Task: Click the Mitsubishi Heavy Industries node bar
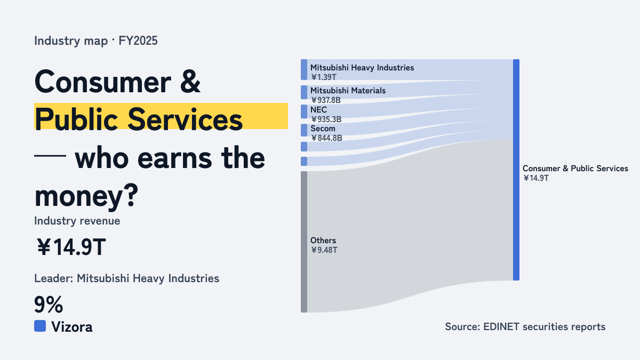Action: click(x=304, y=70)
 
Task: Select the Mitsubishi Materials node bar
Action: click(x=304, y=92)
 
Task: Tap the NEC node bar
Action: click(x=304, y=111)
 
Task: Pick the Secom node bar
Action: click(x=304, y=130)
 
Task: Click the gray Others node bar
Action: click(x=304, y=242)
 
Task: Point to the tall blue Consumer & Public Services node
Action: click(x=516, y=170)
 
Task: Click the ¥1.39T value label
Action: click(x=324, y=77)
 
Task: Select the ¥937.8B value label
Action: click(x=326, y=100)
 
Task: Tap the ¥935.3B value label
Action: click(x=326, y=119)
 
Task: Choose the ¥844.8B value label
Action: click(x=326, y=138)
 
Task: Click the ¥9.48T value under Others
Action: click(x=324, y=250)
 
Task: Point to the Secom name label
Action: click(x=323, y=129)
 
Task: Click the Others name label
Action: click(x=323, y=241)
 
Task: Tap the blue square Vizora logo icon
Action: click(x=40, y=326)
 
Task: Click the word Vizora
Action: click(x=72, y=327)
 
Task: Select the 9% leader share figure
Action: click(x=49, y=305)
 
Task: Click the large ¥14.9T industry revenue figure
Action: click(x=71, y=247)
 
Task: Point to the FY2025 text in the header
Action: click(x=138, y=41)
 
